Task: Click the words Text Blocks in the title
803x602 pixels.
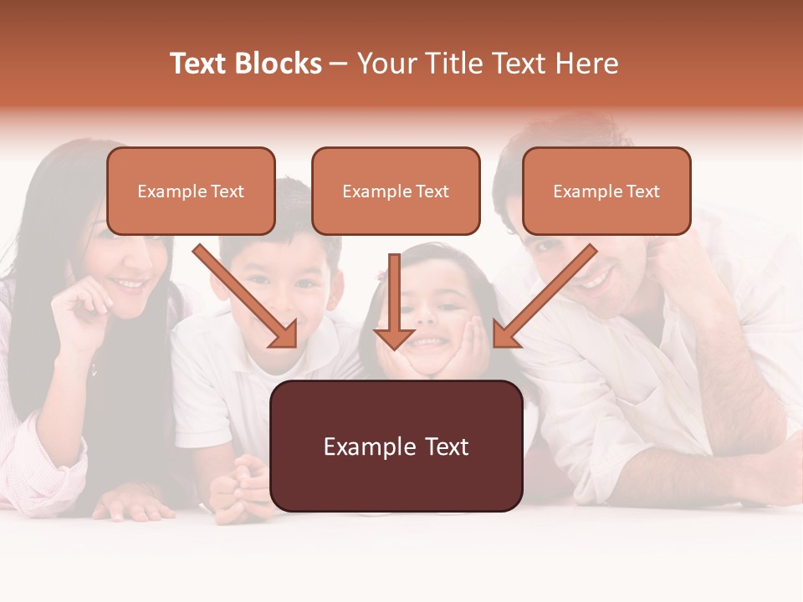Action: click(x=245, y=64)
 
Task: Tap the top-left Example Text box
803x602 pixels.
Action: click(x=191, y=191)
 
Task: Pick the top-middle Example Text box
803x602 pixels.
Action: click(x=396, y=191)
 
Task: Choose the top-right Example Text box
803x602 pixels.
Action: click(x=606, y=191)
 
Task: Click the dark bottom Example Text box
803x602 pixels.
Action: click(x=396, y=446)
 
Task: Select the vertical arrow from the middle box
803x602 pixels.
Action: click(x=394, y=297)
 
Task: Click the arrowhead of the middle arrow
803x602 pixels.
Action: click(x=394, y=338)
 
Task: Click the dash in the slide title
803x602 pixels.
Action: click(x=339, y=64)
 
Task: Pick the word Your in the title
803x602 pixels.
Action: click(x=386, y=64)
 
